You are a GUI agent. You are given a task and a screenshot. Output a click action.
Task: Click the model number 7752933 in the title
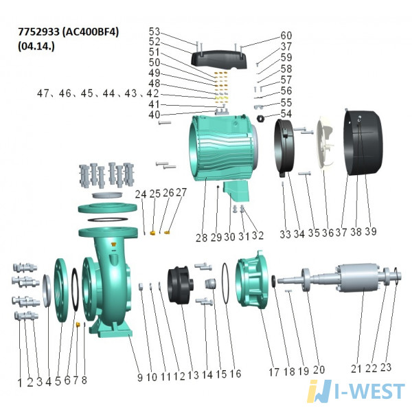(38, 32)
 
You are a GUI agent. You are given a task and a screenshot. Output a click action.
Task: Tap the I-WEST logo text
(369, 391)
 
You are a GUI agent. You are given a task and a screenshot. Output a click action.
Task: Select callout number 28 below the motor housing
(201, 238)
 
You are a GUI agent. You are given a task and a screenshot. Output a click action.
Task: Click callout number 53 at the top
(154, 32)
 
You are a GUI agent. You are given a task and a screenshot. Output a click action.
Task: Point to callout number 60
(286, 35)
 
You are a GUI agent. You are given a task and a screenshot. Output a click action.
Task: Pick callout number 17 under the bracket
(274, 371)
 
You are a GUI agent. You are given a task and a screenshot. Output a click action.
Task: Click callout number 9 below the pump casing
(140, 377)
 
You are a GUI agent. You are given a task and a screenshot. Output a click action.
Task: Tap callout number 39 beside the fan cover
(371, 231)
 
